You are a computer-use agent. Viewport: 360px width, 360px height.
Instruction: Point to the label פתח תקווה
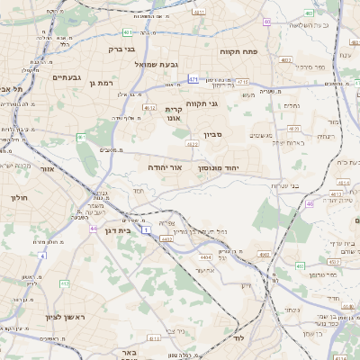238,52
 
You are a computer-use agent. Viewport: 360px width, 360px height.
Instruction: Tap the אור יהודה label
165,167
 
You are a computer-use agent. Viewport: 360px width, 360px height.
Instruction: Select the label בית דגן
118,229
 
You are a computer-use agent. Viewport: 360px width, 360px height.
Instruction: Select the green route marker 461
81,138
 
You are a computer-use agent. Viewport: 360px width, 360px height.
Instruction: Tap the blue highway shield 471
193,79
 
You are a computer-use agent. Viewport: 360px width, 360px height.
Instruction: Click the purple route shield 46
310,204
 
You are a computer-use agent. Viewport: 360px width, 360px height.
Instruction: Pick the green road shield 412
65,283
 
